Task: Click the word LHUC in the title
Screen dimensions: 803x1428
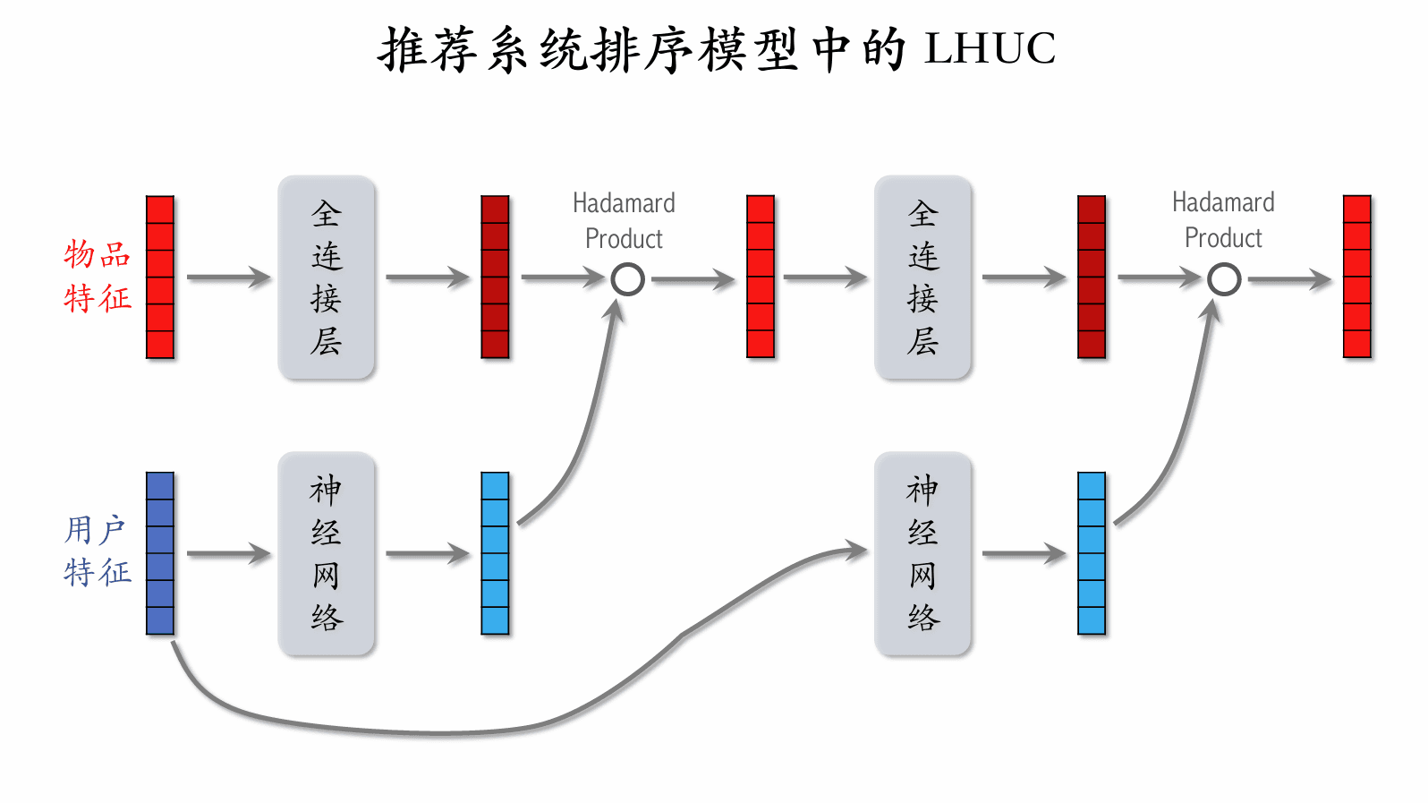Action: click(x=990, y=49)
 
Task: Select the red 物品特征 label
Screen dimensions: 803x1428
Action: click(x=98, y=276)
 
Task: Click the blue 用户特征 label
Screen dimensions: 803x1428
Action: click(x=98, y=551)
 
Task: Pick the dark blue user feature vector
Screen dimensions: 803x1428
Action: click(x=160, y=553)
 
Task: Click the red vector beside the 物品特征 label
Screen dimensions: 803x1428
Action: click(x=160, y=278)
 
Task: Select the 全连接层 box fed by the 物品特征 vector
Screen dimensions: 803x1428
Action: click(x=327, y=278)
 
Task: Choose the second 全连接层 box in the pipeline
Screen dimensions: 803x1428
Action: click(x=922, y=278)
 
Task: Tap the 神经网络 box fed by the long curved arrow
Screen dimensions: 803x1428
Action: click(x=922, y=553)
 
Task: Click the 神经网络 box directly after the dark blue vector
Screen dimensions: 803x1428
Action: click(x=327, y=553)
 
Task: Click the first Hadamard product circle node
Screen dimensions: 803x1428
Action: click(x=627, y=279)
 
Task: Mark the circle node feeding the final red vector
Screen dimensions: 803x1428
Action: click(x=1224, y=279)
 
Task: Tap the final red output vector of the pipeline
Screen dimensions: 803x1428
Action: click(x=1357, y=278)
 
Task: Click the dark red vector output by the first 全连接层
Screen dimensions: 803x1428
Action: click(x=495, y=278)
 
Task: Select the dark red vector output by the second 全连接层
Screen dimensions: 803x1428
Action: click(x=1092, y=278)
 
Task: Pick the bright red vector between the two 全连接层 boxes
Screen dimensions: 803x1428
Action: click(x=761, y=278)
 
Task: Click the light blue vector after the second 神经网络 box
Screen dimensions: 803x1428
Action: click(x=1092, y=553)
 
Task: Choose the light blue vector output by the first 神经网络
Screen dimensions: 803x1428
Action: click(x=495, y=553)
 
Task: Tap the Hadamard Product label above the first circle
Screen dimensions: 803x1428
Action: click(x=624, y=221)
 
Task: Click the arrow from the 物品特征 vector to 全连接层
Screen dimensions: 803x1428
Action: click(x=228, y=278)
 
